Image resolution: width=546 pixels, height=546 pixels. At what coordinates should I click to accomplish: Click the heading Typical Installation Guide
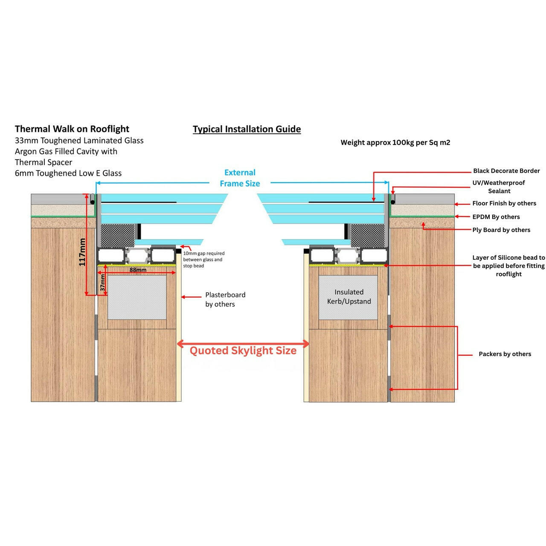point(247,129)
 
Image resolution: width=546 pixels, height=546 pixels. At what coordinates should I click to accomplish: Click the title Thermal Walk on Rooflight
point(72,129)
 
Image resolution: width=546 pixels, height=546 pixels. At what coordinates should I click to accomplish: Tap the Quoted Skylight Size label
point(243,351)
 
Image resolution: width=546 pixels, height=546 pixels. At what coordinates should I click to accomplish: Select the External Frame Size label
point(240,178)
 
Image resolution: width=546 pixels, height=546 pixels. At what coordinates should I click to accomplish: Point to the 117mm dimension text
point(82,252)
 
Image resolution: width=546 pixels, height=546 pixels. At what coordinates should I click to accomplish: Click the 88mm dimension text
point(138,270)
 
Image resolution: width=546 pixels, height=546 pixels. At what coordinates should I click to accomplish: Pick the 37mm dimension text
point(103,283)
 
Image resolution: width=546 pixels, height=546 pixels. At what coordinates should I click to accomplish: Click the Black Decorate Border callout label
point(506,171)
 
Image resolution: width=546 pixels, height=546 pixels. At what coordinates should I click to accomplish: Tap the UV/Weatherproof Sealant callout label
point(499,187)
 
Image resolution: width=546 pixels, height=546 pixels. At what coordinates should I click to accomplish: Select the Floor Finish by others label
point(504,203)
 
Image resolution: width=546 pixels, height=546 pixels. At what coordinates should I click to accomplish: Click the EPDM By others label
point(496,217)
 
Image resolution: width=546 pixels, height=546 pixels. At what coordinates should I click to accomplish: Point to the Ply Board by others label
point(501,230)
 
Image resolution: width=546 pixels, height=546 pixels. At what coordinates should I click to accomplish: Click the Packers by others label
point(505,354)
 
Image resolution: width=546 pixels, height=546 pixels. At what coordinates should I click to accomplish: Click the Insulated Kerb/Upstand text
point(349,297)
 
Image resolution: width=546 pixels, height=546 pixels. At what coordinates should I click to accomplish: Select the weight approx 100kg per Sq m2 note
point(395,142)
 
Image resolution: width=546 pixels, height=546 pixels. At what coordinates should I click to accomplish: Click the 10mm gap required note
point(203,259)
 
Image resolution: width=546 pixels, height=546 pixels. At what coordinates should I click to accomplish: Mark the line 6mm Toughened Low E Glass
point(68,173)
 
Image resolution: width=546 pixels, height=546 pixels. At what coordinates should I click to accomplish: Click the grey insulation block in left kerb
point(137,297)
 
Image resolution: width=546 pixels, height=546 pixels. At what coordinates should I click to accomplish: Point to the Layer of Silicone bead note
point(508,266)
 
